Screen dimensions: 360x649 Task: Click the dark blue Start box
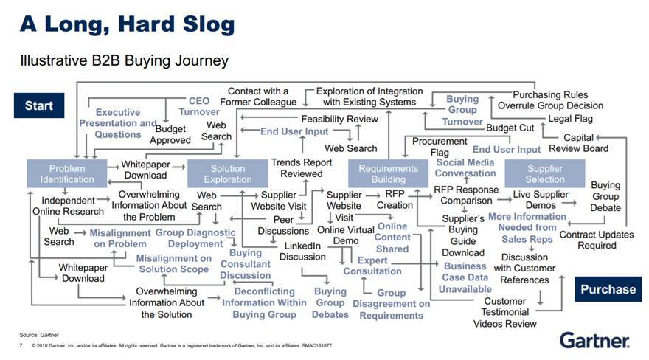tap(39, 105)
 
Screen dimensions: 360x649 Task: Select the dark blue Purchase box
tap(608, 288)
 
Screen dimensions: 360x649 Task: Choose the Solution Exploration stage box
tap(228, 173)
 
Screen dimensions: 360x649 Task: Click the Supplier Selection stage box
tap(544, 173)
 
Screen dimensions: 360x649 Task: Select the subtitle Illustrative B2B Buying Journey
tap(124, 60)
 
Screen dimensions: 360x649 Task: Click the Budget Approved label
tap(170, 134)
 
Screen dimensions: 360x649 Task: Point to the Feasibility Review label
tap(339, 119)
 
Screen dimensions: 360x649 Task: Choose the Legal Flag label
tap(570, 119)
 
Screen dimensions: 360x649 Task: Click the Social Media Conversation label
tap(465, 167)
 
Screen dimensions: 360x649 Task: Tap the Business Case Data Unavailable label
tap(465, 277)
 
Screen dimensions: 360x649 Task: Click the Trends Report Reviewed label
tap(302, 167)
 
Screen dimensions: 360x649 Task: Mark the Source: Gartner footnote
tap(41, 334)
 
